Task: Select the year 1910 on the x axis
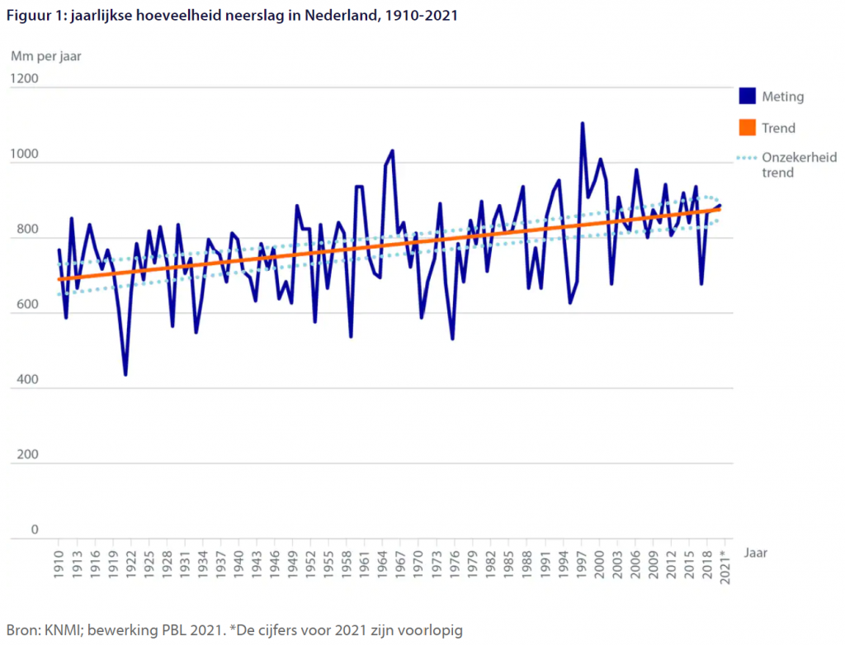59,567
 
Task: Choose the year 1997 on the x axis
582,567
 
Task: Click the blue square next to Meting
747,97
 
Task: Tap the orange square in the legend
747,128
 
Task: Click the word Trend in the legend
779,128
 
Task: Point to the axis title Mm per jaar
45,56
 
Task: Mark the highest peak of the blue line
583,123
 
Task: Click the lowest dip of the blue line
125,375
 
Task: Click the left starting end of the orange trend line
59,279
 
